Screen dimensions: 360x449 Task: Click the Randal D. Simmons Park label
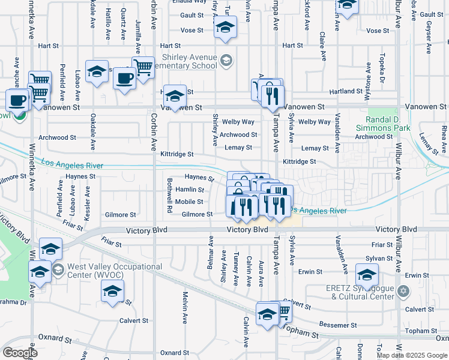(391, 120)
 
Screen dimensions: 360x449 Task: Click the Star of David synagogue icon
(403, 291)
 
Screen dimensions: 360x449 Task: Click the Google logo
(20, 352)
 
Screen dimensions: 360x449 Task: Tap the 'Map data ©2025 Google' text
(412, 355)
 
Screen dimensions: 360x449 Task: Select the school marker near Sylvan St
(367, 275)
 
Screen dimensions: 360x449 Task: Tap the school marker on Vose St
(225, 28)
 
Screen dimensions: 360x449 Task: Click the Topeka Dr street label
(381, 71)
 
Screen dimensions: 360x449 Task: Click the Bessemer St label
(338, 325)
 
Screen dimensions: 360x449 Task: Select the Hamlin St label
(190, 190)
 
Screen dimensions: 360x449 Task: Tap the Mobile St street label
(189, 202)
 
